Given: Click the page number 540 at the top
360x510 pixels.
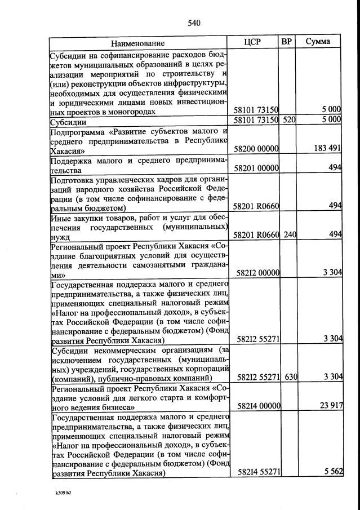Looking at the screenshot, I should (x=194, y=23).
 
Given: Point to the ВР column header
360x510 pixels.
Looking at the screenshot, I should (x=287, y=42).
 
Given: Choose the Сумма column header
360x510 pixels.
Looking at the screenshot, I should (x=319, y=42).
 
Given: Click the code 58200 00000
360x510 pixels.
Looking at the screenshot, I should (x=256, y=149).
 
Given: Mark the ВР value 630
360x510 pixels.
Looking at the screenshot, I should (x=290, y=377).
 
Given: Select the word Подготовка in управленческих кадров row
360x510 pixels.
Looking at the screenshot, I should (x=72, y=181).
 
